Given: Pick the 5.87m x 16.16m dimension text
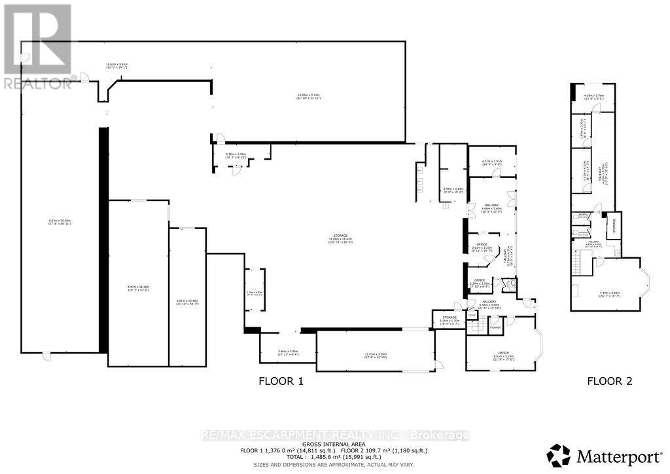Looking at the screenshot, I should pyautogui.click(x=137, y=287).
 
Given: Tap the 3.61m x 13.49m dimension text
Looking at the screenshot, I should pyautogui.click(x=187, y=302).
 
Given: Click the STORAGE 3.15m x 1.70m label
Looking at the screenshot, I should pyautogui.click(x=448, y=319).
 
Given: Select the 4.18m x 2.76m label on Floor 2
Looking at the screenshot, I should pyautogui.click(x=593, y=97).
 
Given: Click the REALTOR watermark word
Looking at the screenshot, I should pyautogui.click(x=38, y=83).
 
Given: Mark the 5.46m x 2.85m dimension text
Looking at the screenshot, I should pyautogui.click(x=288, y=352).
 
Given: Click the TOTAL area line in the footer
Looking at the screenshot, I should pyautogui.click(x=334, y=457).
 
